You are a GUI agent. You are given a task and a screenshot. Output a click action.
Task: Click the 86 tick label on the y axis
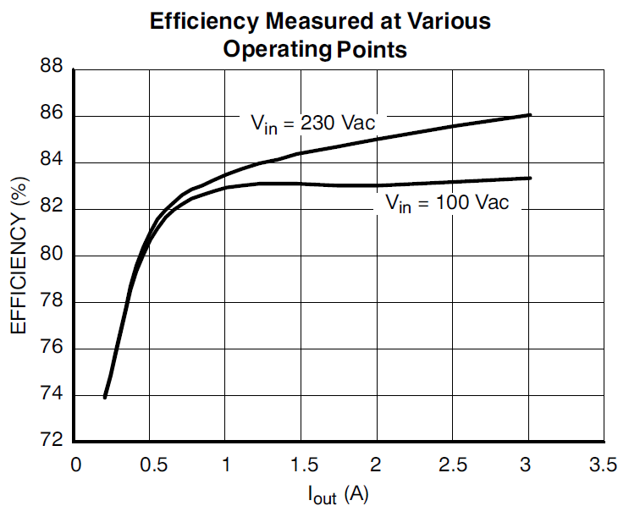pyautogui.click(x=52, y=115)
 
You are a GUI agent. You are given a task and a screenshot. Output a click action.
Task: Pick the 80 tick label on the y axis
pyautogui.click(x=52, y=256)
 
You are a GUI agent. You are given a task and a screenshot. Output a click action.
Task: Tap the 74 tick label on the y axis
pyautogui.click(x=52, y=395)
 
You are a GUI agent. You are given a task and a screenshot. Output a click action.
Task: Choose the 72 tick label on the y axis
pyautogui.click(x=52, y=442)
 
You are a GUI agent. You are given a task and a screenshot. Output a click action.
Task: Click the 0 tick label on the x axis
pyautogui.click(x=75, y=465)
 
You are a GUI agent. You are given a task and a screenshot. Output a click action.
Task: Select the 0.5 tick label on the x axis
pyautogui.click(x=150, y=465)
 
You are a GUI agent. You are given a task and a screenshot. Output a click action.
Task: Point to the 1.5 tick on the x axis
pyautogui.click(x=301, y=465)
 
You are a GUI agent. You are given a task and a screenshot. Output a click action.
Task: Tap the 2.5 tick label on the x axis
pyautogui.click(x=452, y=465)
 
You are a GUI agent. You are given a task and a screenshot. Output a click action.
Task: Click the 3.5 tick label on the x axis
pyautogui.click(x=603, y=465)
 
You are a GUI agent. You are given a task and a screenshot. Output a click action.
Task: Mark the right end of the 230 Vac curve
pyautogui.click(x=529, y=114)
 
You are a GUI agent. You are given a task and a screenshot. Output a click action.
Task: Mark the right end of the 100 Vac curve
pyautogui.click(x=529, y=178)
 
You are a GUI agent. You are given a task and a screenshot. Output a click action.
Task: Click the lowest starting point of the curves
pyautogui.click(x=105, y=396)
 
